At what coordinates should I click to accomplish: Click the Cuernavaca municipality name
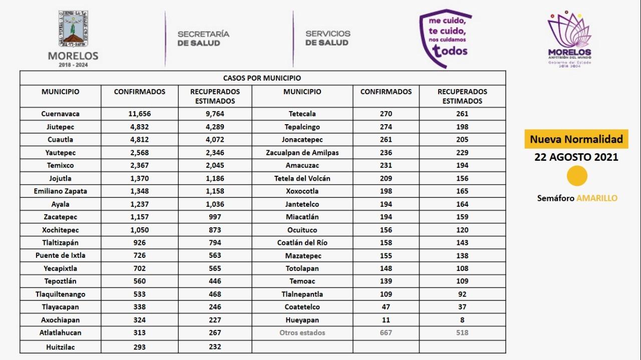[x=60, y=114]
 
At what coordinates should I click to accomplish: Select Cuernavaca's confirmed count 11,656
[x=139, y=114]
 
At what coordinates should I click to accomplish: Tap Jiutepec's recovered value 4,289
[x=215, y=127]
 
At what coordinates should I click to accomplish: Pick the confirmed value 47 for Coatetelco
[x=386, y=307]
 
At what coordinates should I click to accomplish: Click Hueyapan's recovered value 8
[x=462, y=320]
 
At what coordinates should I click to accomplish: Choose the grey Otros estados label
[x=302, y=332]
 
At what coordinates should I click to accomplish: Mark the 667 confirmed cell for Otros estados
[x=386, y=332]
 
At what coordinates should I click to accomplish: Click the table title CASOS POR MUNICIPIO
[x=262, y=78]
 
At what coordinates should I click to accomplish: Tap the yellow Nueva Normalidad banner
[x=576, y=139]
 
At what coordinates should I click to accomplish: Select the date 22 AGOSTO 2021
[x=576, y=157]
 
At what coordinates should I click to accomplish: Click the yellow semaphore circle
[x=577, y=176]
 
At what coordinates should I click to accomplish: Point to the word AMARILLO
[x=597, y=198]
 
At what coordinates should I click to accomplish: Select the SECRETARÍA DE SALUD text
[x=203, y=38]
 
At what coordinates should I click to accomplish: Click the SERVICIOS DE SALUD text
[x=328, y=38]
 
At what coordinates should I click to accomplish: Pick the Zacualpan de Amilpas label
[x=302, y=153]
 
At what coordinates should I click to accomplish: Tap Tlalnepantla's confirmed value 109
[x=386, y=294]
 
